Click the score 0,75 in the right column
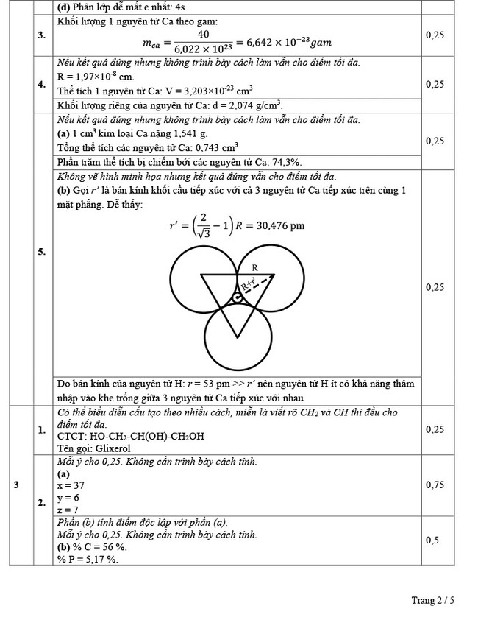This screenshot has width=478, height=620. [x=434, y=485]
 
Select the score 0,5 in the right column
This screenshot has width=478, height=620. [x=434, y=540]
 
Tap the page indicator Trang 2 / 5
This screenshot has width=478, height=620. [x=432, y=601]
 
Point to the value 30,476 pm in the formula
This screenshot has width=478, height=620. [x=277, y=225]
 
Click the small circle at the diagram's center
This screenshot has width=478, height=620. [x=238, y=297]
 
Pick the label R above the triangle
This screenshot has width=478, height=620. [x=254, y=267]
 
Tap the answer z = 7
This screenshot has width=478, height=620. [x=68, y=510]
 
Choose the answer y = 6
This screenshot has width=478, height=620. [x=68, y=498]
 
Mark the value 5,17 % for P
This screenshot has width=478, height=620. [x=94, y=559]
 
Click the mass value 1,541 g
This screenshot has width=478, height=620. [x=193, y=134]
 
